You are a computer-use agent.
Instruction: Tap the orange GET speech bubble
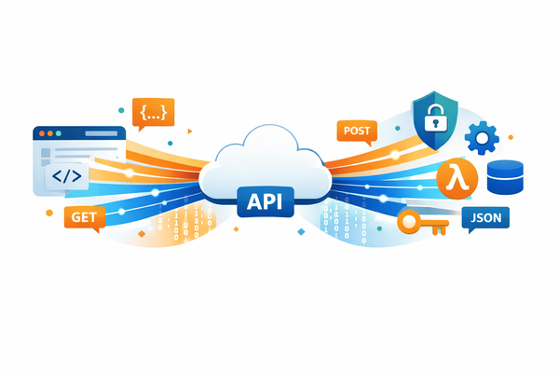pyautogui.click(x=81, y=217)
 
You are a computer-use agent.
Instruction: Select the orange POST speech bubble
pyautogui.click(x=358, y=131)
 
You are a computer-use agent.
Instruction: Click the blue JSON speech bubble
pyautogui.click(x=485, y=218)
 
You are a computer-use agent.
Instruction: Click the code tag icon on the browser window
pyautogui.click(x=66, y=174)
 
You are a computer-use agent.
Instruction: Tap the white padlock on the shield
pyautogui.click(x=433, y=118)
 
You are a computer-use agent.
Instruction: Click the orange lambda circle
pyautogui.click(x=457, y=176)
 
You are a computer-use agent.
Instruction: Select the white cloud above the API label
pyautogui.click(x=266, y=159)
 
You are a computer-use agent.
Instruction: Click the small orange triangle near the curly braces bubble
pyautogui.click(x=189, y=131)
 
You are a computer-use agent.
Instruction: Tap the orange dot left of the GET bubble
pyautogui.click(x=49, y=213)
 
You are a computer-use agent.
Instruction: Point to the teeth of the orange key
pyautogui.click(x=440, y=227)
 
